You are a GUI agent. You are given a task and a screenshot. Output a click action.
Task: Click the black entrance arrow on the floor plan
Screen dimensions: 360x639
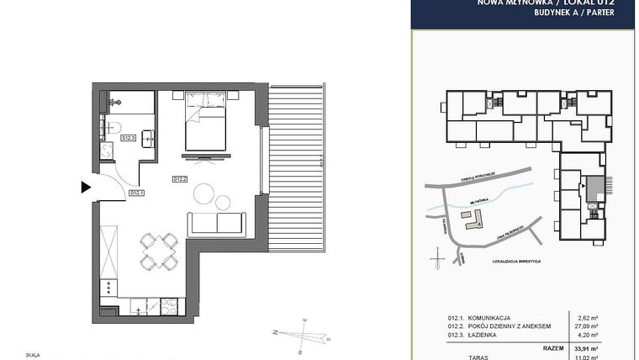86,187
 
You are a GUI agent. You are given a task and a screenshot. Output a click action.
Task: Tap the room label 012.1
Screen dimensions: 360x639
137,193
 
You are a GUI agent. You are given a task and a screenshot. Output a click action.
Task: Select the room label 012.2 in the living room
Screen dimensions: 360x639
180,179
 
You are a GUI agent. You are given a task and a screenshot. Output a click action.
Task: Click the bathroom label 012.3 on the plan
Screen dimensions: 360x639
129,138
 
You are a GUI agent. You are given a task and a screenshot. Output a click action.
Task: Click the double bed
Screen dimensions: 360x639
204,122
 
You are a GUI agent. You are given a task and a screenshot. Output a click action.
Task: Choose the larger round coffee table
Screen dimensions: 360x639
204,193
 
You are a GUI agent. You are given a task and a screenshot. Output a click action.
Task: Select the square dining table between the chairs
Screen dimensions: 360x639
158,251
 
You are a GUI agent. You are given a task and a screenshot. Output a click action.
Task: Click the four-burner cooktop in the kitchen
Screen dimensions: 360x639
109,287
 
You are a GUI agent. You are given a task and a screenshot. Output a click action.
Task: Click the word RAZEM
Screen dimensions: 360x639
552,347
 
